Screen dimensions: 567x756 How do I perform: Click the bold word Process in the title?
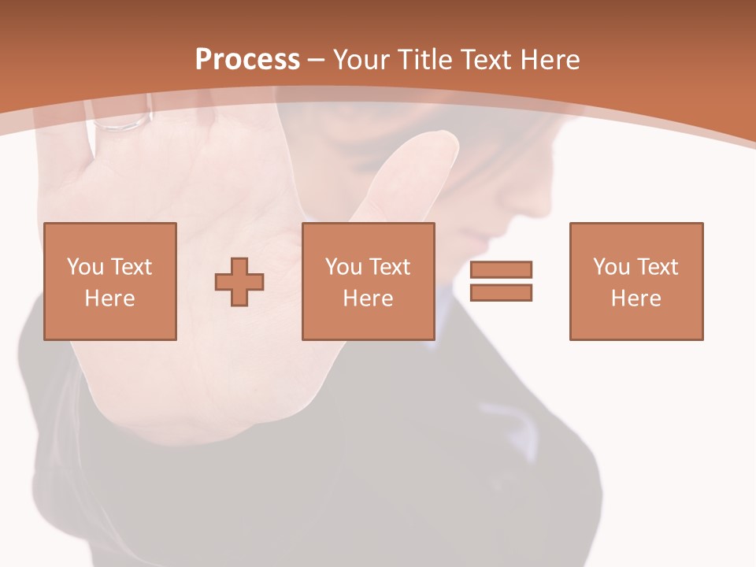(247, 60)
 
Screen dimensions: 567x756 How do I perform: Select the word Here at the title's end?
(549, 60)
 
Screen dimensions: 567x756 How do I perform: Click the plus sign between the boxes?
(239, 282)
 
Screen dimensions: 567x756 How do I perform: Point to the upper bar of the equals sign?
(501, 270)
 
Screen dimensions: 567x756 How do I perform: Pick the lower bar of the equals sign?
(501, 292)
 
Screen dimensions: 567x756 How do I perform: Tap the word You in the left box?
(85, 267)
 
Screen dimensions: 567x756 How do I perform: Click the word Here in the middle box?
(369, 298)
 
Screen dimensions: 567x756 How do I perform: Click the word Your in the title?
(361, 60)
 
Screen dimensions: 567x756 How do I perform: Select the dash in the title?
(317, 60)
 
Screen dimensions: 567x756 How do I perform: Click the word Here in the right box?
(636, 298)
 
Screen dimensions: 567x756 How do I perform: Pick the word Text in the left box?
(131, 267)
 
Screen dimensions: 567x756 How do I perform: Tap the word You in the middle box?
(343, 267)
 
